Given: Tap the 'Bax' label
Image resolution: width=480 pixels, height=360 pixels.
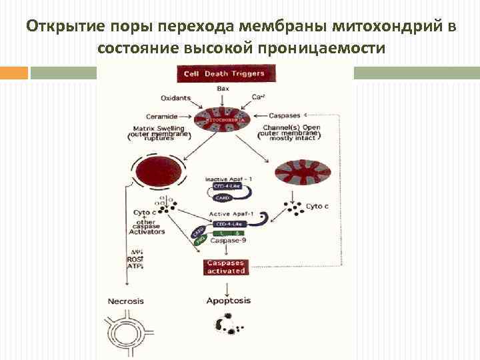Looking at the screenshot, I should coord(223,89).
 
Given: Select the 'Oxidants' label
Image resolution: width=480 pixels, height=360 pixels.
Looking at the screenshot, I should coord(176,98).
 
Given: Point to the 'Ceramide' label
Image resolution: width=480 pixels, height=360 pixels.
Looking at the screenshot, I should coord(161,116).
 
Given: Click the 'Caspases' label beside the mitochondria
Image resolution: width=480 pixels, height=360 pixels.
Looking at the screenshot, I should coord(285,116).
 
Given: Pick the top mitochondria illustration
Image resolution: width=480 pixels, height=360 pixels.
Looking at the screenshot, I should coord(223,119).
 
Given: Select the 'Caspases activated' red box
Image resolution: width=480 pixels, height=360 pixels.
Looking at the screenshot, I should coord(226,267).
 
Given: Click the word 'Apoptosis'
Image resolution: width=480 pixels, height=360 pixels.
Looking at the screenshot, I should coord(229,301).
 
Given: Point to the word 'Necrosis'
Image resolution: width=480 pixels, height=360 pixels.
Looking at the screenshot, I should coord(125,301).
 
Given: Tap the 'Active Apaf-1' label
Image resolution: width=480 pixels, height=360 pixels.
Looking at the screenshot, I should coord(229,213).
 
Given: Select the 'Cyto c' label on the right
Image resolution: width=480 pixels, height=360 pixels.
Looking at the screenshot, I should coord(317,207).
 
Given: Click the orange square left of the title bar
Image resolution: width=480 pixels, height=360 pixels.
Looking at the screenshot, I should coord(14,73).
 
